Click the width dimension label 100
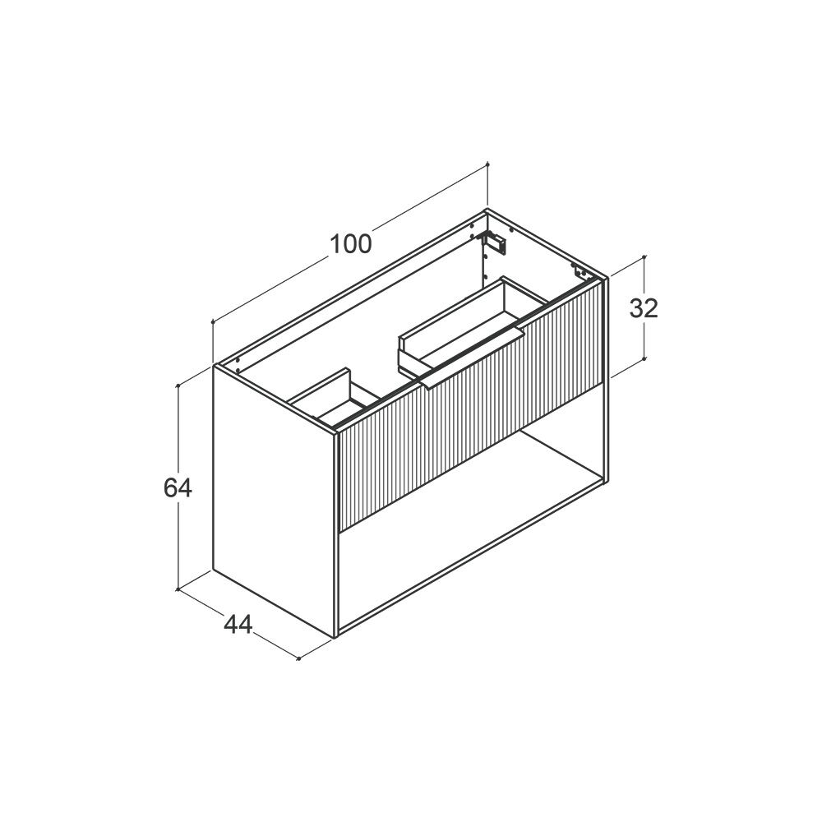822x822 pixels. coord(351,244)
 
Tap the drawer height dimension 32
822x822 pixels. coord(644,309)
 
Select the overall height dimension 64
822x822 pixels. coord(178,488)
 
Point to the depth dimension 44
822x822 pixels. coord(238,625)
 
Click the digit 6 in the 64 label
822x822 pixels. coord(171,488)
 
